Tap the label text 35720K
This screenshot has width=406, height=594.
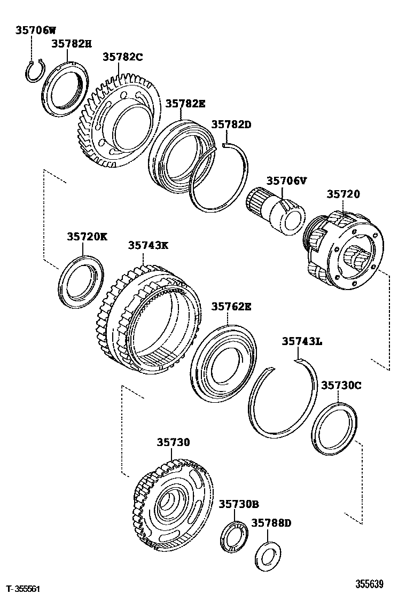click(87, 236)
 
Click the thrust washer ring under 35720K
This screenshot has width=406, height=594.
click(82, 282)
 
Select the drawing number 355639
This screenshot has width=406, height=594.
click(370, 584)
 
